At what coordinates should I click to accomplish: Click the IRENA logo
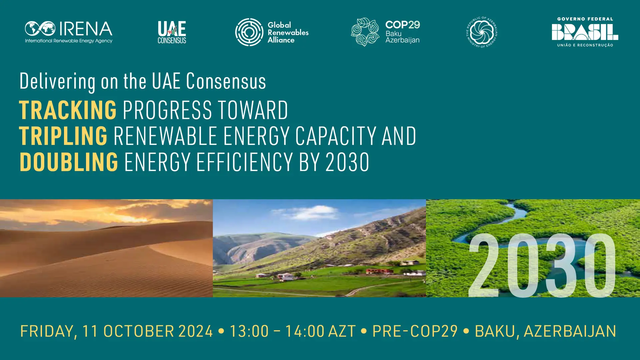click(x=69, y=32)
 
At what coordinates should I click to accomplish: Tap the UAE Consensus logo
click(x=172, y=32)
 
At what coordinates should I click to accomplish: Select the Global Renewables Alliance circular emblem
click(x=249, y=32)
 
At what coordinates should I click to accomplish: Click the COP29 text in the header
click(x=403, y=25)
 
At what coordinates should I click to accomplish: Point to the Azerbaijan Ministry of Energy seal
click(x=482, y=32)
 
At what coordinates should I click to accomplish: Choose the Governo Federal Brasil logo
click(x=585, y=32)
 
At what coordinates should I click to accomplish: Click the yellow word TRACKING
click(x=68, y=110)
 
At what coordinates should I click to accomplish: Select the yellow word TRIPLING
click(x=63, y=136)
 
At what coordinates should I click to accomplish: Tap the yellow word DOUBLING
click(x=69, y=162)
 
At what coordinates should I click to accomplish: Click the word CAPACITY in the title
click(x=335, y=136)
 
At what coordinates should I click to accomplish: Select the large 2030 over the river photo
click(x=542, y=265)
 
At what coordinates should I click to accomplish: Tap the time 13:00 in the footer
click(x=249, y=331)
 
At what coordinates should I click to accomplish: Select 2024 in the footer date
click(x=196, y=331)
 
